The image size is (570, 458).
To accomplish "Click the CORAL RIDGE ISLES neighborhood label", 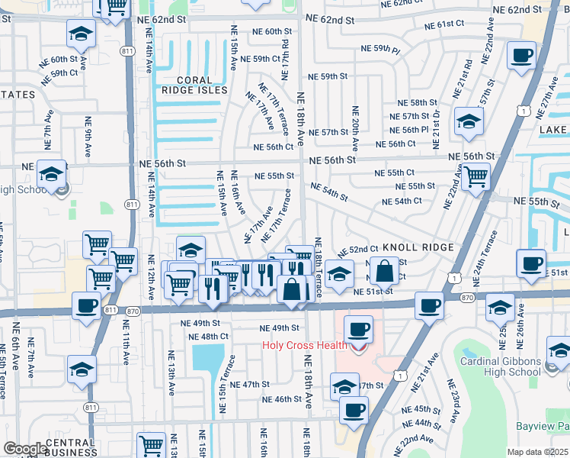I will tap(191, 85).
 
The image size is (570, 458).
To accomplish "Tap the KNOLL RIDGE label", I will tap(418, 248).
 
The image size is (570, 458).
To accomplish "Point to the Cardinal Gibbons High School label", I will tap(501, 367).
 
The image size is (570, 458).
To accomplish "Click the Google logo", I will tap(25, 449).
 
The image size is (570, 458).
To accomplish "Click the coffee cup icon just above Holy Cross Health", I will tap(358, 330).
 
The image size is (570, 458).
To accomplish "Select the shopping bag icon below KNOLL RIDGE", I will tap(386, 271).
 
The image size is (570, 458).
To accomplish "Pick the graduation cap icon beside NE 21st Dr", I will tap(469, 121).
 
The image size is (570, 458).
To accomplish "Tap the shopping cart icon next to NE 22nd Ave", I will tap(476, 177).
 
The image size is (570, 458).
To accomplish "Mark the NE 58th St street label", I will tap(412, 102).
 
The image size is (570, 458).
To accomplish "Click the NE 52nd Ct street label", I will tap(358, 250).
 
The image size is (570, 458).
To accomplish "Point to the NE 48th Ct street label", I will tap(208, 337).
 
